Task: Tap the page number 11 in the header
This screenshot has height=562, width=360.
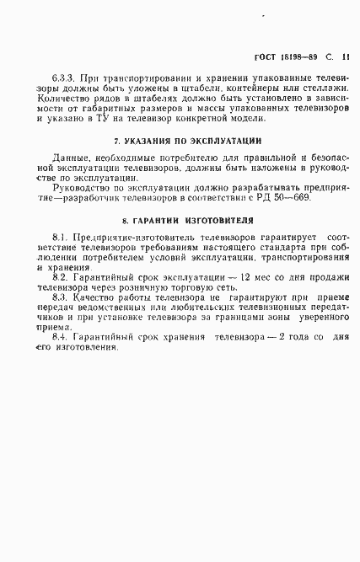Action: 347,58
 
